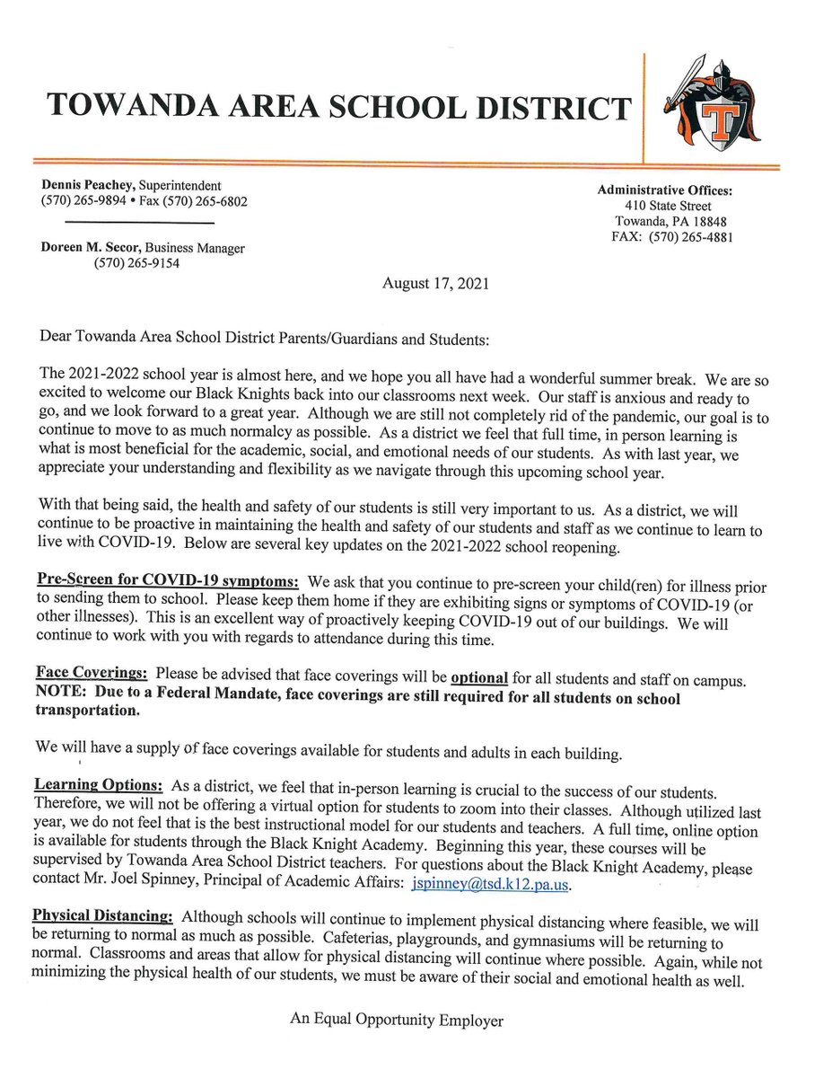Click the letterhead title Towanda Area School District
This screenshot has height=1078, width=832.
tap(339, 108)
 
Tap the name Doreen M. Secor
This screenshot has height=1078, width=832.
tap(86, 248)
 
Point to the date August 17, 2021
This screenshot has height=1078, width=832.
tap(435, 283)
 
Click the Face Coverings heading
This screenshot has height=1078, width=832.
tap(92, 673)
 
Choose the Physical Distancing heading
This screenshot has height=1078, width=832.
tap(102, 916)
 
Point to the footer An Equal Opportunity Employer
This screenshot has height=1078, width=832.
tap(397, 1020)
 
